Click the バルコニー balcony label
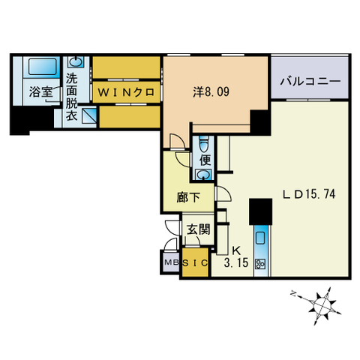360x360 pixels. point(310,80)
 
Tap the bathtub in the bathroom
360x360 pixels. point(42,67)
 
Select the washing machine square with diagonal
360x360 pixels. point(88,115)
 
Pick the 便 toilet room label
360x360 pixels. point(204,159)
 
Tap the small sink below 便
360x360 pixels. point(203,175)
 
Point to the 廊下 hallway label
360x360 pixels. point(188,198)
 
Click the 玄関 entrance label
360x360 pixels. point(198,229)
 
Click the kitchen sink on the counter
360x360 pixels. point(261,238)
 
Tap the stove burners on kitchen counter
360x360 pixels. point(261,263)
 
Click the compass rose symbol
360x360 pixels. point(322,304)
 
